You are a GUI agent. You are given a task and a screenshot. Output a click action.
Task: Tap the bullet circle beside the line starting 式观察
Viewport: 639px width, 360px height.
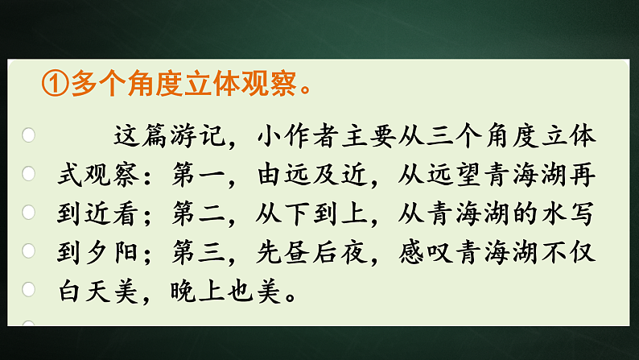tap(29, 173)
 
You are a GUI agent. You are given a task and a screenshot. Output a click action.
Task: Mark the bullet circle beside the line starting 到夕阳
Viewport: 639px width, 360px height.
tap(29, 250)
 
